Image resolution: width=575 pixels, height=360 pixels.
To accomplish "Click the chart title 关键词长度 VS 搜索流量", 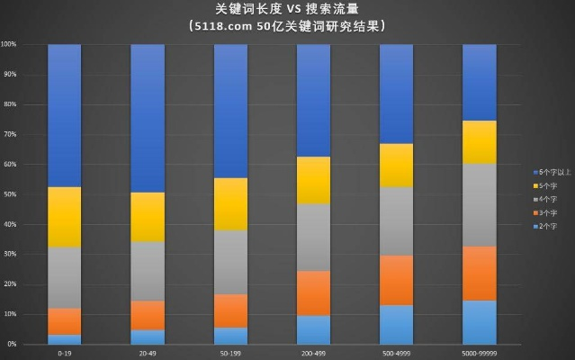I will coord(286,9).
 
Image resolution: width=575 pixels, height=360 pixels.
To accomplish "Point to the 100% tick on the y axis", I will coord(9,44).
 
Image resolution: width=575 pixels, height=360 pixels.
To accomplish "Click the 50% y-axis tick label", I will coord(9,193).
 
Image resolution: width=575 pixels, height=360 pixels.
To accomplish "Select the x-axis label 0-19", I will coord(64,353).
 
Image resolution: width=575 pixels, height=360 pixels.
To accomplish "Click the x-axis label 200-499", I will coord(313,353).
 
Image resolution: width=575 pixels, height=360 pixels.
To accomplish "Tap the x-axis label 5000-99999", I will coord(479,353).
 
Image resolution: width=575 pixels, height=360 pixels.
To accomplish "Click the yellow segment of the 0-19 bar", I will coord(64,217).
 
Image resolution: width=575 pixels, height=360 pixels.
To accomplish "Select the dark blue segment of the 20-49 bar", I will coord(147,118).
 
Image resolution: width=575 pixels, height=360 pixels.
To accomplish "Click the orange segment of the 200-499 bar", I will coord(313,292).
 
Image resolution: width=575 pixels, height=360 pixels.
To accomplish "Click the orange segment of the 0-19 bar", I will coord(64,321).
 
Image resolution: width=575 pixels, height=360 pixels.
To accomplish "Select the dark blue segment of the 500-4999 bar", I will coord(396,94).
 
